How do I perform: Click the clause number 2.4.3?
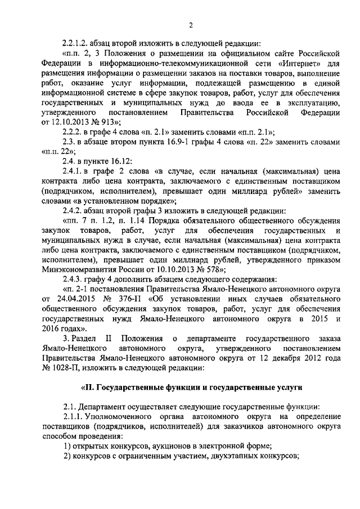coord(75,279)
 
